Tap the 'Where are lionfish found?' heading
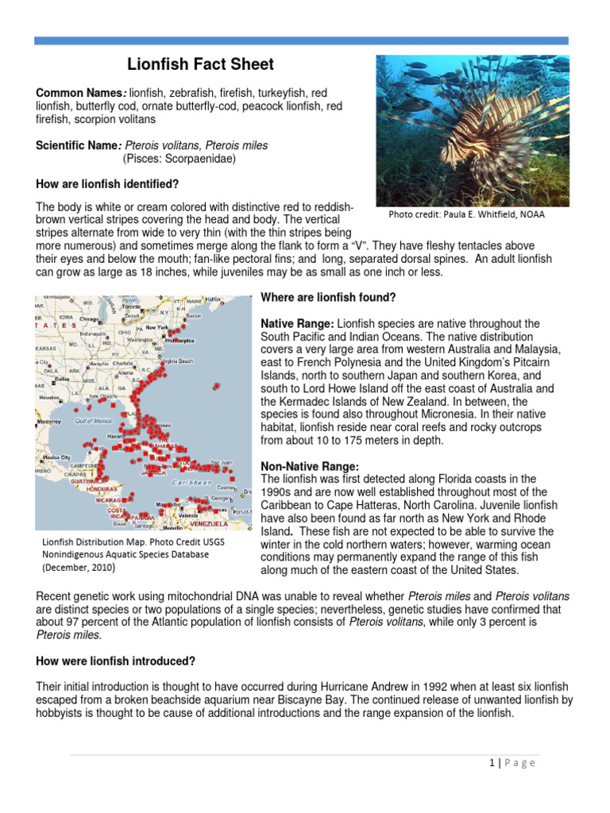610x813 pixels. [x=328, y=298]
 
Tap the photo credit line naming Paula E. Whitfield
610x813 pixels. [x=466, y=214]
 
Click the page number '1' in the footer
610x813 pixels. [x=492, y=763]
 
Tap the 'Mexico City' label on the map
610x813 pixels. [x=56, y=457]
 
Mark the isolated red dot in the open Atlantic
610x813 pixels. [x=216, y=387]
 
